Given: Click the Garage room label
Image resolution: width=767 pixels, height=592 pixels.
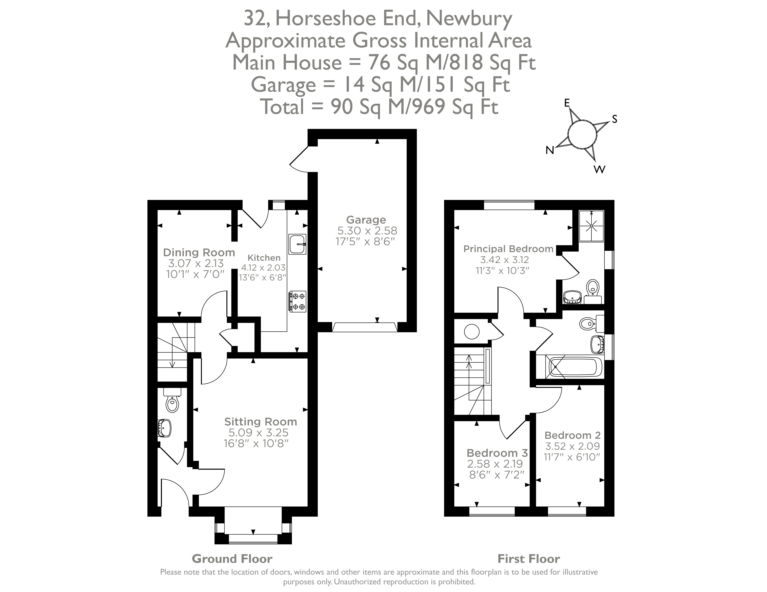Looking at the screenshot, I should click(366, 220).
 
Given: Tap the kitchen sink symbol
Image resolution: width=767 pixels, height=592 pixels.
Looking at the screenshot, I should click(297, 244).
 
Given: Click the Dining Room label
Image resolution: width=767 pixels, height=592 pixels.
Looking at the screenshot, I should click(199, 252).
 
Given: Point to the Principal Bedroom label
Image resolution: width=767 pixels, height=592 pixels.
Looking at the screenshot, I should click(508, 249).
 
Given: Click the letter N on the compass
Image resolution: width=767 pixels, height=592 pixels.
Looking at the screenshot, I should click(550, 150).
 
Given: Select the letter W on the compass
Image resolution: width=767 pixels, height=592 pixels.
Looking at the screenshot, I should click(599, 170).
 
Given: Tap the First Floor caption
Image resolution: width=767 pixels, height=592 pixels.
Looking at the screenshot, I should click(529, 559).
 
